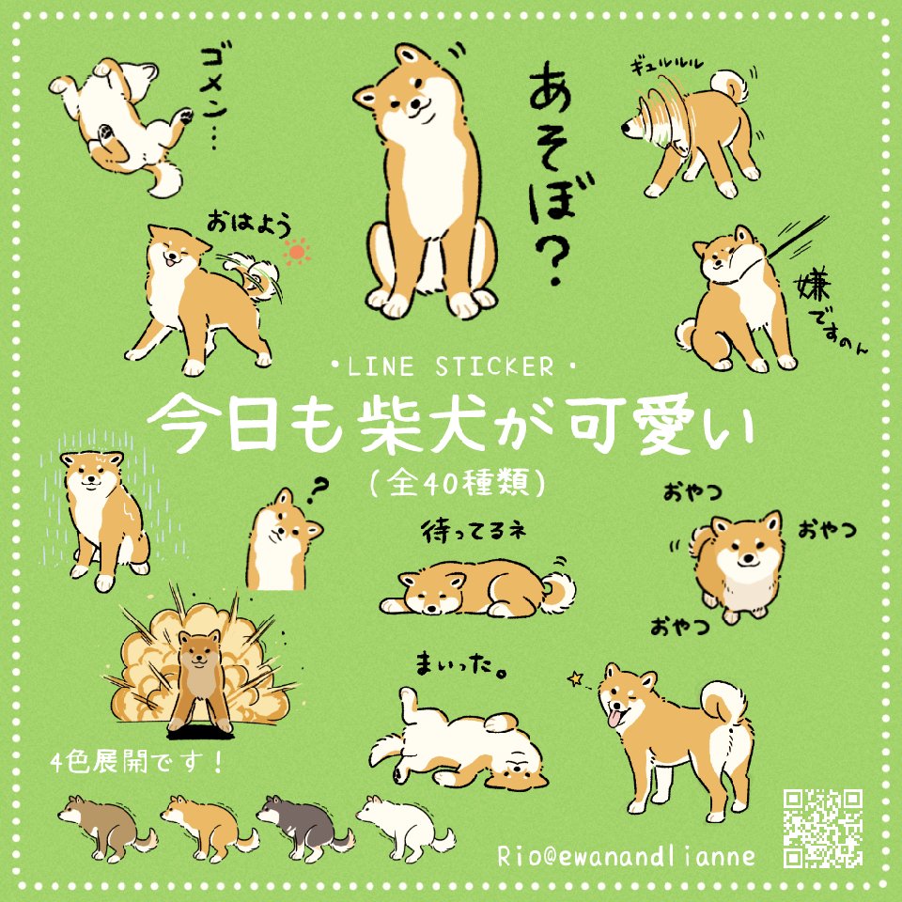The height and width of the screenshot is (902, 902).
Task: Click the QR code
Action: tap(823, 829)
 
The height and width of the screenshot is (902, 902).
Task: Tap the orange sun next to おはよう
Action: tap(297, 252)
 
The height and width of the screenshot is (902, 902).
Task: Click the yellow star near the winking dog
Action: tap(575, 678)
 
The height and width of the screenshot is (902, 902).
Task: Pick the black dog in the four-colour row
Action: tap(305, 829)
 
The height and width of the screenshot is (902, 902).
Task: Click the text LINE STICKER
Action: tap(450, 367)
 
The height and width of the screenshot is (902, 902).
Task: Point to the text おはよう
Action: tap(249, 225)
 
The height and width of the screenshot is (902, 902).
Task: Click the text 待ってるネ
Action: tap(474, 532)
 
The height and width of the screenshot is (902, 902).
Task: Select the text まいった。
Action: tap(460, 665)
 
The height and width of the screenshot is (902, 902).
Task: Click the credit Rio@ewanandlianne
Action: tap(626, 856)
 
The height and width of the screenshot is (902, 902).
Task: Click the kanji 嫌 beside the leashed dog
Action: tap(811, 286)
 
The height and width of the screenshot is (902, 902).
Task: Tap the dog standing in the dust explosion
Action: tap(198, 681)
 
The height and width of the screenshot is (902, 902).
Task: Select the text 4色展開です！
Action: tap(137, 763)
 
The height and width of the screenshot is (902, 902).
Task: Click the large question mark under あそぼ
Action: tap(552, 261)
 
